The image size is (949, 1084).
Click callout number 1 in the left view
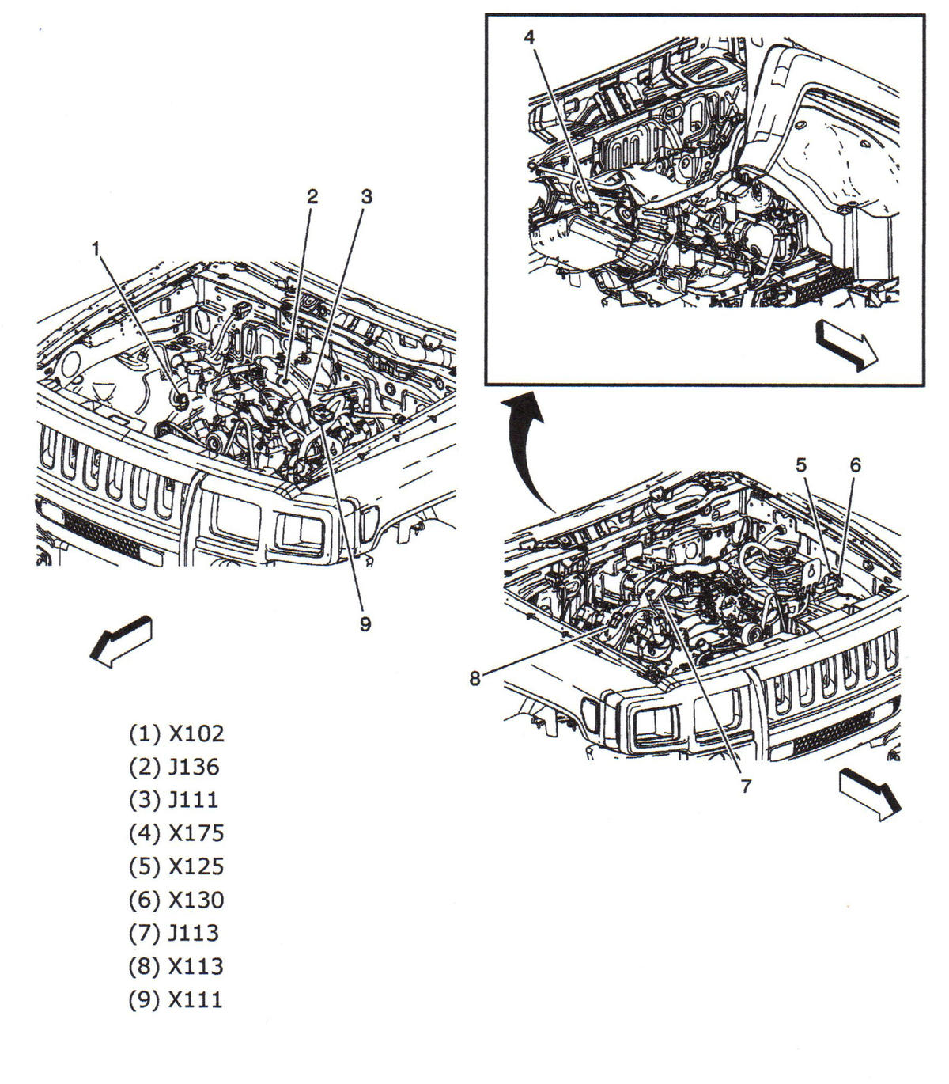(x=96, y=249)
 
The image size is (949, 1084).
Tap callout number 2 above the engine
(x=312, y=197)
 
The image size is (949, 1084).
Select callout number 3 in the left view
(x=366, y=197)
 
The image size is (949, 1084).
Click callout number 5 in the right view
(x=802, y=465)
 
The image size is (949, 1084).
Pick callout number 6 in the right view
(x=855, y=465)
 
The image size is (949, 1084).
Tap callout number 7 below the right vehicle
(x=745, y=786)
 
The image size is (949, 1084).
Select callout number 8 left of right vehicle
(x=475, y=679)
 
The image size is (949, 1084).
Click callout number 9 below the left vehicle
(x=365, y=623)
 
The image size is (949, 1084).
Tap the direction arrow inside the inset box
(x=847, y=347)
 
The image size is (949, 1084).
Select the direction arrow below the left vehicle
(x=121, y=639)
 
